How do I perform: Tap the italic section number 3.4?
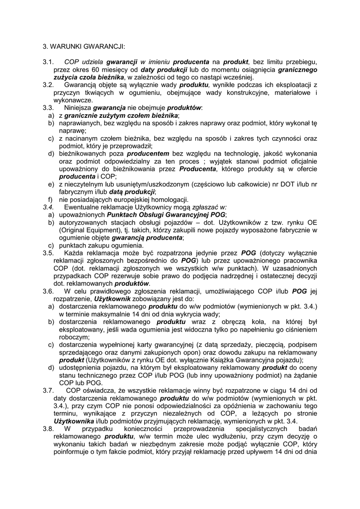(48, 207)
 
